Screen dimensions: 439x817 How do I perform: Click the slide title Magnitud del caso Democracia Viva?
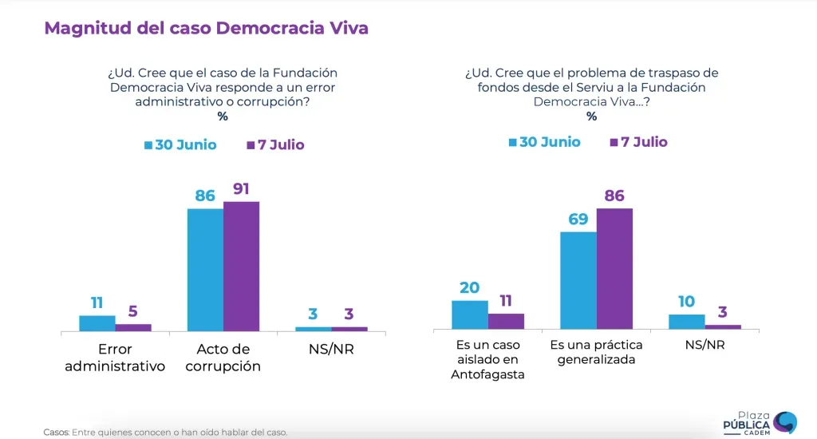tap(206, 29)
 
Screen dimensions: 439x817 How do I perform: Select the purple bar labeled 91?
tap(241, 266)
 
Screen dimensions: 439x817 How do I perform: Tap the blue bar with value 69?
tap(578, 280)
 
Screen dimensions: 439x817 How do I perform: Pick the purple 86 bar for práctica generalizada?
tap(614, 269)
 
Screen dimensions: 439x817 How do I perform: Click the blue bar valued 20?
tap(470, 314)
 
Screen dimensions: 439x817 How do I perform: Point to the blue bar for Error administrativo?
tap(97, 322)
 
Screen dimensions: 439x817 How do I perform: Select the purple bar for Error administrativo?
tap(133, 327)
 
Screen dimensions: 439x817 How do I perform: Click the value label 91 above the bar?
tap(241, 189)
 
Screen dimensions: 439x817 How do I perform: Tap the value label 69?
tap(578, 219)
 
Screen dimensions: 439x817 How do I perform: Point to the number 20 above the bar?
tap(469, 288)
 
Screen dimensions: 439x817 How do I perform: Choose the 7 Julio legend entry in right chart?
tap(638, 142)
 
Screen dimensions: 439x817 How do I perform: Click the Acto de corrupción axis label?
tap(223, 358)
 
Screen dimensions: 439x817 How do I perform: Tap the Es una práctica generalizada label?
tap(596, 352)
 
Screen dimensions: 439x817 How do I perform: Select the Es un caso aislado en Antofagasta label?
tap(487, 359)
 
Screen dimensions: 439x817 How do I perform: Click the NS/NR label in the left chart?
tap(331, 350)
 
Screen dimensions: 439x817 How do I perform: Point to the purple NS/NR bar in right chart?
tap(723, 326)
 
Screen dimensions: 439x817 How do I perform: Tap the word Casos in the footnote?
tap(56, 433)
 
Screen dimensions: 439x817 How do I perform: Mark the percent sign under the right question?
tap(591, 117)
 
